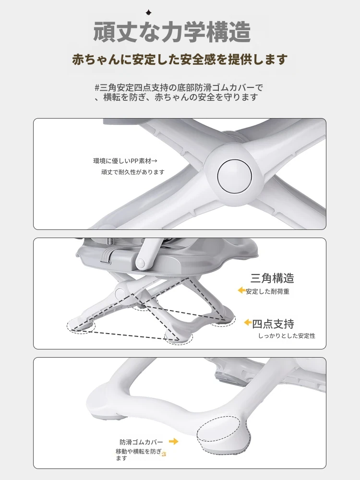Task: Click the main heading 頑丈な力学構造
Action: tap(172, 32)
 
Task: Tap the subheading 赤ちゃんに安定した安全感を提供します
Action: tap(180, 60)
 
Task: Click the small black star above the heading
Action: tap(149, 12)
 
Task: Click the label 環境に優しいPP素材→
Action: tap(125, 161)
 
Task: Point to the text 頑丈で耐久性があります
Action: tap(133, 172)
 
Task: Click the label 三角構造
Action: tap(272, 278)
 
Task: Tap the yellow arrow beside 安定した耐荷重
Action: tap(242, 290)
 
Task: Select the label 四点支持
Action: tap(273, 324)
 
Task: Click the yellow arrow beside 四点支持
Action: tap(248, 323)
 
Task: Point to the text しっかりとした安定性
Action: tap(287, 336)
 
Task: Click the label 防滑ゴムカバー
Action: tap(141, 442)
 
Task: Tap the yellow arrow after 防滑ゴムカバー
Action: tap(174, 442)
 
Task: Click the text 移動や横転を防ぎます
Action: tap(139, 455)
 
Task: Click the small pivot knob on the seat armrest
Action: tap(140, 263)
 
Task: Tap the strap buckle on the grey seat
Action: tap(106, 256)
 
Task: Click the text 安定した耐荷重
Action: tap(267, 291)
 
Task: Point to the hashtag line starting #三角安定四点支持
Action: tap(179, 88)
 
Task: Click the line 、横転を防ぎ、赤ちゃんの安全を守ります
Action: tap(176, 97)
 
